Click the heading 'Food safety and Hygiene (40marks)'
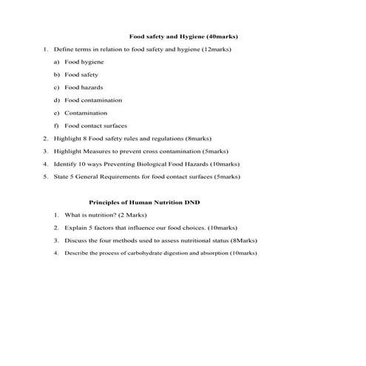click(x=183, y=35)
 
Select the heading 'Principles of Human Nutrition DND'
click(x=145, y=201)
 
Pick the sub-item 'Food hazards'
click(x=84, y=87)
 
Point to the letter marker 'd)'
click(x=57, y=100)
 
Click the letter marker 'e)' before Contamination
click(x=57, y=112)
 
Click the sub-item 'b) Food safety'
click(x=81, y=75)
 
